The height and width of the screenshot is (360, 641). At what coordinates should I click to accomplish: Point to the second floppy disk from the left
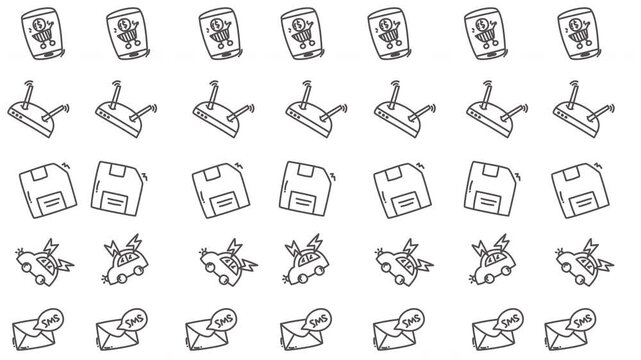pyautogui.click(x=117, y=186)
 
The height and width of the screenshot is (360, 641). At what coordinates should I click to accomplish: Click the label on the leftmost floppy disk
pyautogui.click(x=40, y=198)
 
